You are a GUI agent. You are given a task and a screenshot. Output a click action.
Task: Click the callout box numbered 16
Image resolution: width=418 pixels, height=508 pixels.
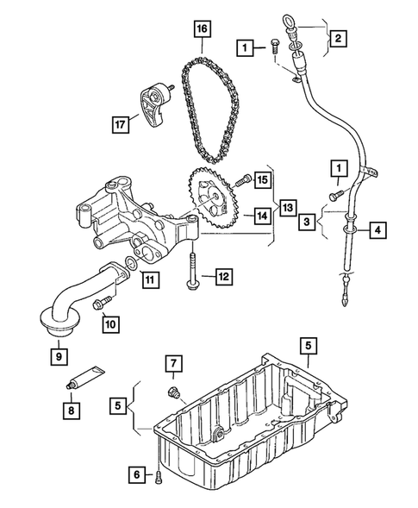[202, 30]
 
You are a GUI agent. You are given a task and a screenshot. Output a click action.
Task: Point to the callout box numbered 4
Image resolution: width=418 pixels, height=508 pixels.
[377, 230]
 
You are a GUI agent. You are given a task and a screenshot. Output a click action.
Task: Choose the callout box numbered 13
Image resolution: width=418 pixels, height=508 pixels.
[287, 208]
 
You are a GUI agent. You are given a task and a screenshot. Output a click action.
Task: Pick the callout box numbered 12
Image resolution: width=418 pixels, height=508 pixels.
[223, 276]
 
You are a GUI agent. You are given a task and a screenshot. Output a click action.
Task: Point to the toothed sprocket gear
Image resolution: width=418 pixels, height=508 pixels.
[208, 200]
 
